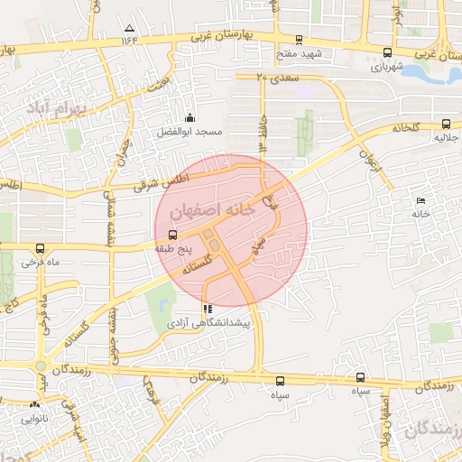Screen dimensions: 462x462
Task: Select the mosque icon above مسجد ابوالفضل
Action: (189, 116)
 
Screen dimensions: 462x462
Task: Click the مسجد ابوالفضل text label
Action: (190, 132)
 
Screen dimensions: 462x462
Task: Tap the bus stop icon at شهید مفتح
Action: (299, 40)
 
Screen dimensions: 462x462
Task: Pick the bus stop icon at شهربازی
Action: (387, 52)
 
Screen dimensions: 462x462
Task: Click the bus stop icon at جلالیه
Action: (446, 125)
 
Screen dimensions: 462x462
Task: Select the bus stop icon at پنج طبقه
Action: (173, 234)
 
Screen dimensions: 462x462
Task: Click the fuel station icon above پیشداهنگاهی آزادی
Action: (208, 309)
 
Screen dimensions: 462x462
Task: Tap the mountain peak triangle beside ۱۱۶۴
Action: (129, 29)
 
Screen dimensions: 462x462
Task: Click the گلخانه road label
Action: (407, 128)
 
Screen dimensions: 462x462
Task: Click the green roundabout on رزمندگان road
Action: (40, 366)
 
